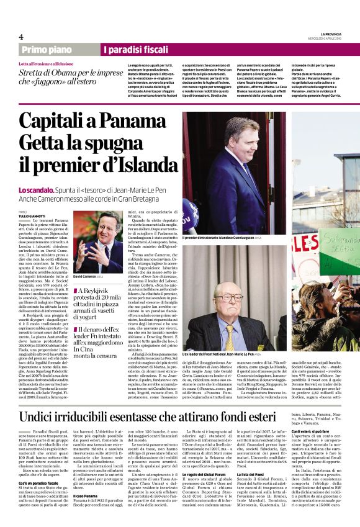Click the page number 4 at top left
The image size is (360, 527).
[x=20, y=37]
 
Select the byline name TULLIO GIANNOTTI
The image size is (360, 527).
[x=32, y=215]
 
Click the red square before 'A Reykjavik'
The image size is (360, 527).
[x=76, y=291]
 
